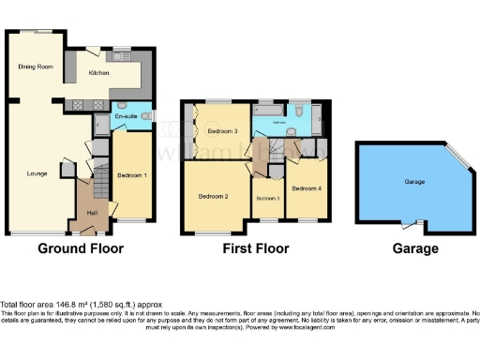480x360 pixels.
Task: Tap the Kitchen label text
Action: (99, 72)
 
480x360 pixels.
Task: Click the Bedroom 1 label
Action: (131, 175)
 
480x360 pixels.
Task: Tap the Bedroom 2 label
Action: (214, 196)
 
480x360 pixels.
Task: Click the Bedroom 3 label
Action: (222, 131)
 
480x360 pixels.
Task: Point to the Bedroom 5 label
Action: (268, 198)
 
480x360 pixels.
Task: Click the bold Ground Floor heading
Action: (81, 248)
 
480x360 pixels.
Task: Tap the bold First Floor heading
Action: (255, 248)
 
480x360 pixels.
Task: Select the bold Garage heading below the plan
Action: (415, 248)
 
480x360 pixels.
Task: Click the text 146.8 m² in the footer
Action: (80, 304)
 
